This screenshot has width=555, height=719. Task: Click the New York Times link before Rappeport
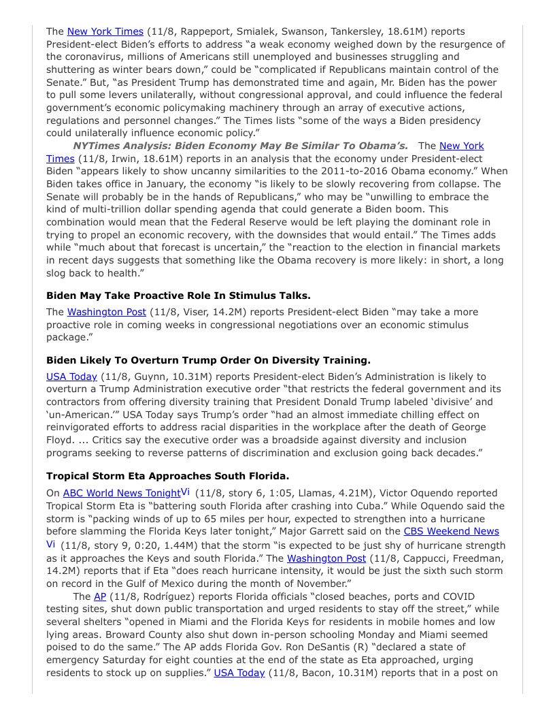click(105, 31)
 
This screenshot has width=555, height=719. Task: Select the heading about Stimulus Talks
click(178, 295)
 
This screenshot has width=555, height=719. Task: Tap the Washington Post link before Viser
click(106, 312)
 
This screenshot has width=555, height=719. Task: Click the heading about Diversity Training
click(208, 360)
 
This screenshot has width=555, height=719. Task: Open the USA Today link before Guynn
click(71, 377)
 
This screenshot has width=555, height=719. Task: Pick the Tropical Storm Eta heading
click(167, 476)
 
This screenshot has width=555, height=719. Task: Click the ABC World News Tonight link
click(121, 493)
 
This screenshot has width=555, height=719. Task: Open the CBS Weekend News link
click(451, 531)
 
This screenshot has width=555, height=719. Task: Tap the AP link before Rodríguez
click(100, 596)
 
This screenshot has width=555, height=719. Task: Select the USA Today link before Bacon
click(239, 673)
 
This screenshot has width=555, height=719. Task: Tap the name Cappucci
click(396, 558)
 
